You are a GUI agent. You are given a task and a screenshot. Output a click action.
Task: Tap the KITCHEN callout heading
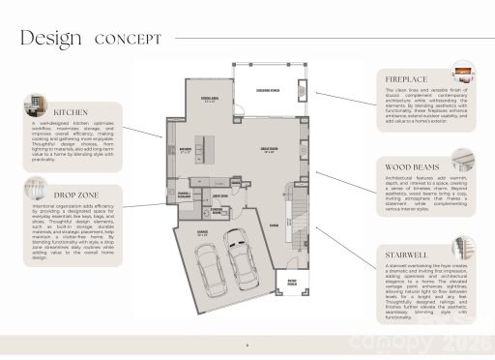pyautogui.click(x=72, y=111)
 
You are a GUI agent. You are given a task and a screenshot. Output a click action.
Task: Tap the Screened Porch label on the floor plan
pyautogui.click(x=268, y=89)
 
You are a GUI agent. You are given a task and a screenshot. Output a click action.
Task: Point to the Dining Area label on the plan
pyautogui.click(x=207, y=100)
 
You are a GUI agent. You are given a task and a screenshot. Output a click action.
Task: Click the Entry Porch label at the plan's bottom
pyautogui.click(x=287, y=284)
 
